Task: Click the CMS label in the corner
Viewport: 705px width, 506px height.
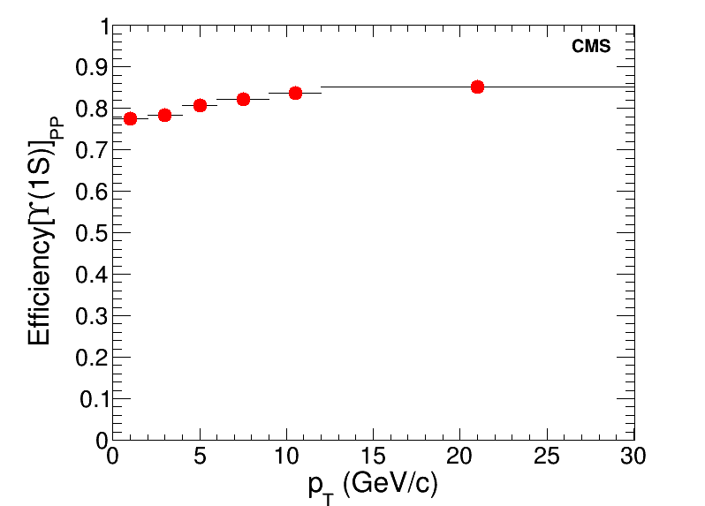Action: click(x=591, y=47)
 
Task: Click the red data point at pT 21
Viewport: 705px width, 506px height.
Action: click(x=477, y=87)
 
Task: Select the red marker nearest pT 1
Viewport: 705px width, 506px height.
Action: click(x=130, y=118)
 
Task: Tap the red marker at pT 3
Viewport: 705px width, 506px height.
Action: click(x=164, y=115)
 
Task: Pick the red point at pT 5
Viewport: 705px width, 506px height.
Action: click(x=200, y=105)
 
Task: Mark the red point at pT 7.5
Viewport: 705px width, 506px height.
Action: click(x=243, y=99)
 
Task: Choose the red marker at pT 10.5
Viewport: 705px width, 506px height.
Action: click(x=295, y=93)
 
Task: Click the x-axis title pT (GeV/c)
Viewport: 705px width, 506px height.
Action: click(x=373, y=484)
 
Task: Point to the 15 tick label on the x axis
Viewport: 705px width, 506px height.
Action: click(x=373, y=456)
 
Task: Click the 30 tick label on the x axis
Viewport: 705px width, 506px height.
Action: click(x=633, y=456)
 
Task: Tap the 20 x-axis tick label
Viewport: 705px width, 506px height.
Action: click(x=459, y=456)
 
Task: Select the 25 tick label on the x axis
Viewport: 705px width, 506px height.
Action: click(x=547, y=456)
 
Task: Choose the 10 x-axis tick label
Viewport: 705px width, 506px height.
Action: click(x=286, y=456)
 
